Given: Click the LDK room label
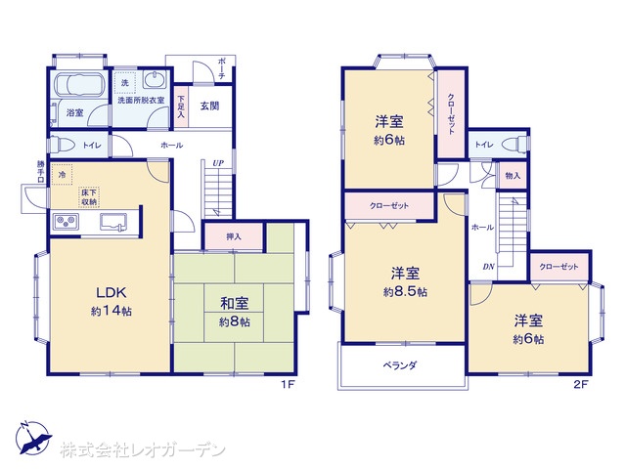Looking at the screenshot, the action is tap(112, 293).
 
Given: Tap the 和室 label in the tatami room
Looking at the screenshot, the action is tap(235, 304).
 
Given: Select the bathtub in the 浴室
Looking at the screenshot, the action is tap(79, 85).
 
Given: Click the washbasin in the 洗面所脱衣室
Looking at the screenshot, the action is tap(155, 80).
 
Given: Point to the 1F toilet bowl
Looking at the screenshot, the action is tap(62, 145).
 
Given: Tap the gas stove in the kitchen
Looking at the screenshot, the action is tap(67, 222).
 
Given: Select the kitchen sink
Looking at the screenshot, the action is tap(113, 222).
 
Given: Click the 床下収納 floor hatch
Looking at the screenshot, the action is tap(89, 197).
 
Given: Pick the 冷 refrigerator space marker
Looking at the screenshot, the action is tap(62, 175).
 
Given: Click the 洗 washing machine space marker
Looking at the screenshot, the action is tap(125, 83).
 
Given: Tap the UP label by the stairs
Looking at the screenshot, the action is tap(218, 163).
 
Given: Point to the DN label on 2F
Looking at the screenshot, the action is tap(489, 267).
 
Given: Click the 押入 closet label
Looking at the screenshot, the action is tap(234, 236).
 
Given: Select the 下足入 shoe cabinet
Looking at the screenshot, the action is tap(181, 107).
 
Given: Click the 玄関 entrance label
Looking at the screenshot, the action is tap(209, 107).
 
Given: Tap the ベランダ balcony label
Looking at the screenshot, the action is tap(400, 364).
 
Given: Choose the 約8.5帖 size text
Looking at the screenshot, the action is tap(405, 292).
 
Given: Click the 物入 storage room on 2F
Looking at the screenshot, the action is tap(513, 175).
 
